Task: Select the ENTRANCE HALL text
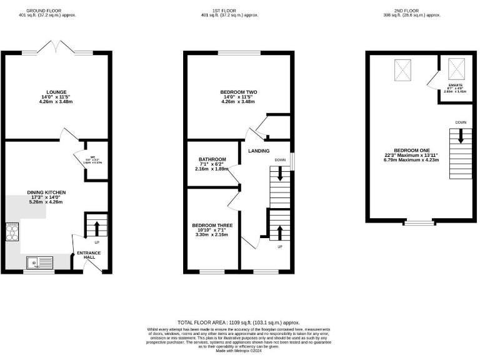[x=88, y=256]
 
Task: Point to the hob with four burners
[x=12, y=232]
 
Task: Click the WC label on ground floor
[x=93, y=157]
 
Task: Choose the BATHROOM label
[x=208, y=159]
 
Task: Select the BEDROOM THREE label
[x=211, y=225]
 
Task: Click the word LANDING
[x=259, y=151]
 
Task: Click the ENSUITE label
[x=456, y=84]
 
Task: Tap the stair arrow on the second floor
[x=461, y=136]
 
